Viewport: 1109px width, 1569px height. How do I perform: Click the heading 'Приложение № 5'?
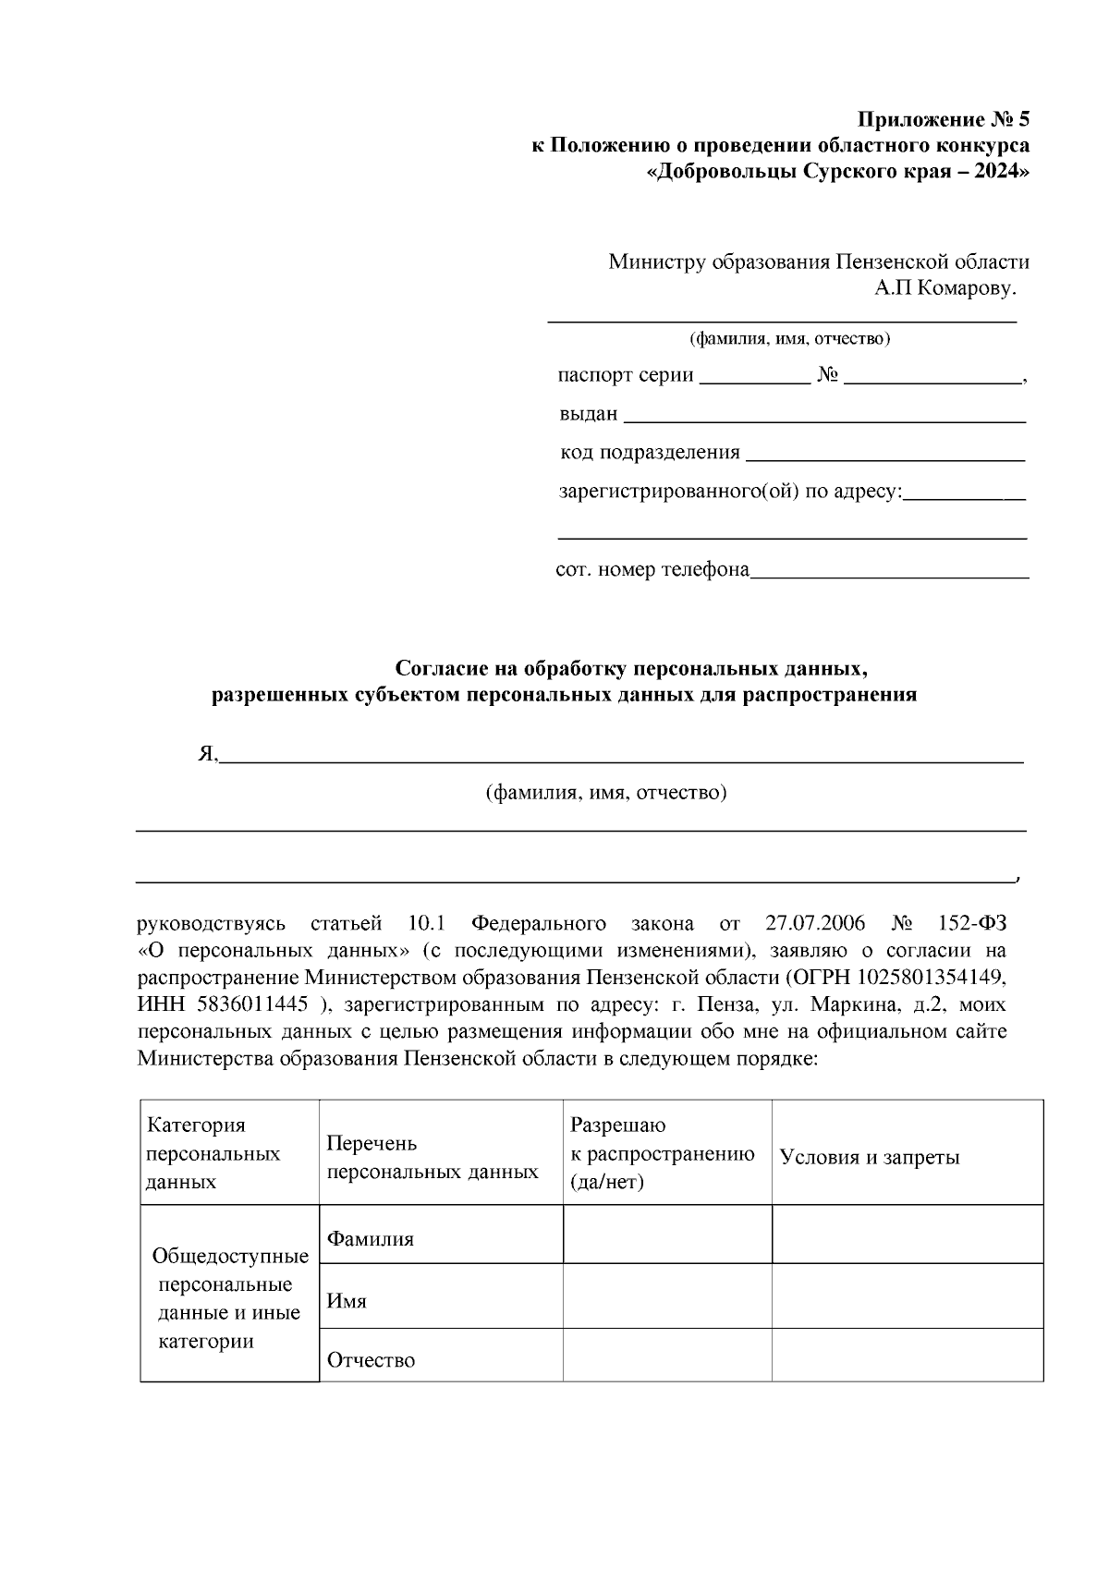tap(943, 120)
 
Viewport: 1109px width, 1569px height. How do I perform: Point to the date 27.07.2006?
tap(815, 924)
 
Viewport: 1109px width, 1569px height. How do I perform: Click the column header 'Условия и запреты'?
tap(870, 1157)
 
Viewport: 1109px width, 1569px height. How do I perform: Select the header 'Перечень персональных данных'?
tap(433, 1157)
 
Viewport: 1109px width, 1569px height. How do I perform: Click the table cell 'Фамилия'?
tap(371, 1239)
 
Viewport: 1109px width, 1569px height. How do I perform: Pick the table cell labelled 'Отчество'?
tap(372, 1360)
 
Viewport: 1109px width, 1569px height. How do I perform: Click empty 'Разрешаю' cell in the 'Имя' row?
tap(666, 1295)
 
